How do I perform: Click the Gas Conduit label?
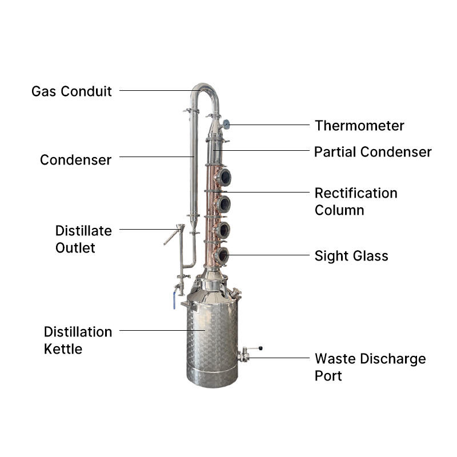71,91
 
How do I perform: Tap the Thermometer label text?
359,126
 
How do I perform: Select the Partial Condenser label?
372,152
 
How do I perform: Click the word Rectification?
355,193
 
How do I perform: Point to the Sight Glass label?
351,255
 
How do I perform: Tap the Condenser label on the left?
75,159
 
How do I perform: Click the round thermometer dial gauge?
226,123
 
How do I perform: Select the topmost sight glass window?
224,177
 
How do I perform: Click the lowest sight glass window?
222,255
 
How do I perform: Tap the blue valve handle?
174,301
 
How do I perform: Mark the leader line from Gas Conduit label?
154,90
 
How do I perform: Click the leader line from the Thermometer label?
268,125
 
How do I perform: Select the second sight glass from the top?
223,203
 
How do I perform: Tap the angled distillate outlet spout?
171,235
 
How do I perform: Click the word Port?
328,375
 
